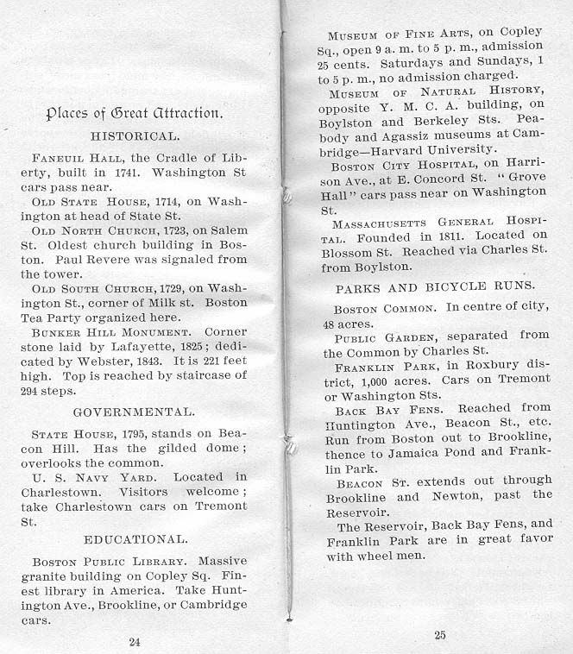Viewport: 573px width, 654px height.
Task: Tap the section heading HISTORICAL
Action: (x=135, y=135)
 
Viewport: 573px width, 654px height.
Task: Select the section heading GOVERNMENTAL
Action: (x=134, y=412)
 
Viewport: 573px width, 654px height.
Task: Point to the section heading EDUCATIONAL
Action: (x=135, y=539)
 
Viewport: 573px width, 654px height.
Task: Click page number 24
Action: (x=134, y=640)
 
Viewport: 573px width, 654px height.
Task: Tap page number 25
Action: (x=439, y=636)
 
